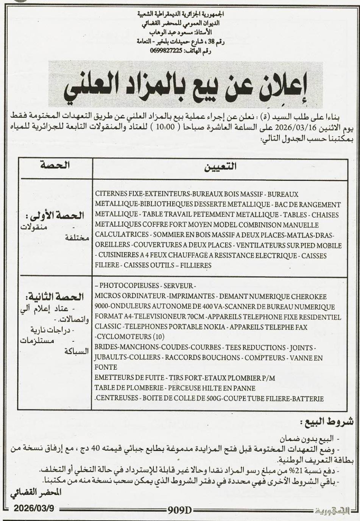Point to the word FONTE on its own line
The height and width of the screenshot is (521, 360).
(106, 367)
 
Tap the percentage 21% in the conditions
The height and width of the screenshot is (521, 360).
(294, 470)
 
